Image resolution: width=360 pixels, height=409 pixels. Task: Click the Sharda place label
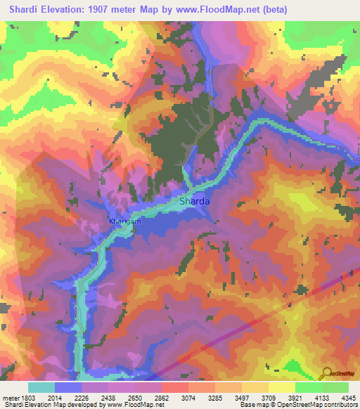point(194,201)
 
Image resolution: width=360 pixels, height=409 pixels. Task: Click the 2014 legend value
point(55,397)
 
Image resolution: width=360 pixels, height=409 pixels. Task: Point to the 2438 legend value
point(108,397)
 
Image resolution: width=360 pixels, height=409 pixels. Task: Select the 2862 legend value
point(162,397)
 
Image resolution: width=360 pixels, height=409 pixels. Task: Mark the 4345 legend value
point(347,397)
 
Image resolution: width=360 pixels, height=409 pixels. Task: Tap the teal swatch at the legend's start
point(41,387)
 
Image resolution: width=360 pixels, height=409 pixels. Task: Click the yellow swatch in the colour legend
point(281,387)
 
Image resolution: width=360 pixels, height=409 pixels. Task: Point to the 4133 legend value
point(321,397)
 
